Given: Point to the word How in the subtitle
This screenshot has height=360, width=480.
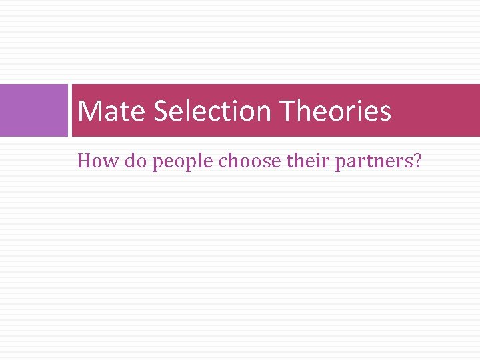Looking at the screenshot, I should click(93, 161).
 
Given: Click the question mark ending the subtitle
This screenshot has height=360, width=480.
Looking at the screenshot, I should click(417, 161).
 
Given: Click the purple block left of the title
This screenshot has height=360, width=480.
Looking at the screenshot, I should click(33, 110).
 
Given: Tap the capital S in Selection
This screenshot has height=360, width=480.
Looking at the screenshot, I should click(161, 111).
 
